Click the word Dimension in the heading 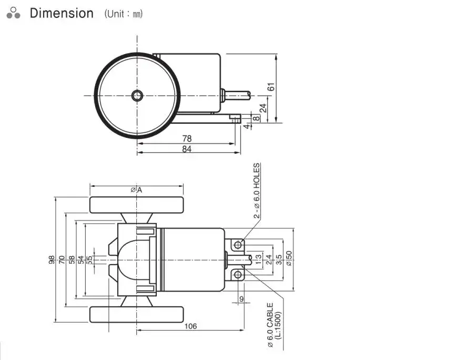click(62, 13)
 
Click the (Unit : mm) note click(123, 14)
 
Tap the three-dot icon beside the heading click(14, 13)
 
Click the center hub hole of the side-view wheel click(137, 95)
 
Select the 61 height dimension click(271, 87)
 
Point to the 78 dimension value click(186, 139)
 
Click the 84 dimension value click(186, 149)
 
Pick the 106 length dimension click(190, 326)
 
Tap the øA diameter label click(137, 190)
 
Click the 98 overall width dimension click(52, 259)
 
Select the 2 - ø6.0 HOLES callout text click(257, 191)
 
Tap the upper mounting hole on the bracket click(238, 245)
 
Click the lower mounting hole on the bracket click(238, 274)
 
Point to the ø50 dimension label click(288, 259)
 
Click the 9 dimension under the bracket click(241, 299)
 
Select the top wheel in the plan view click(136, 204)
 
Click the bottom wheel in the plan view click(136, 315)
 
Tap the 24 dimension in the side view click(263, 108)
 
